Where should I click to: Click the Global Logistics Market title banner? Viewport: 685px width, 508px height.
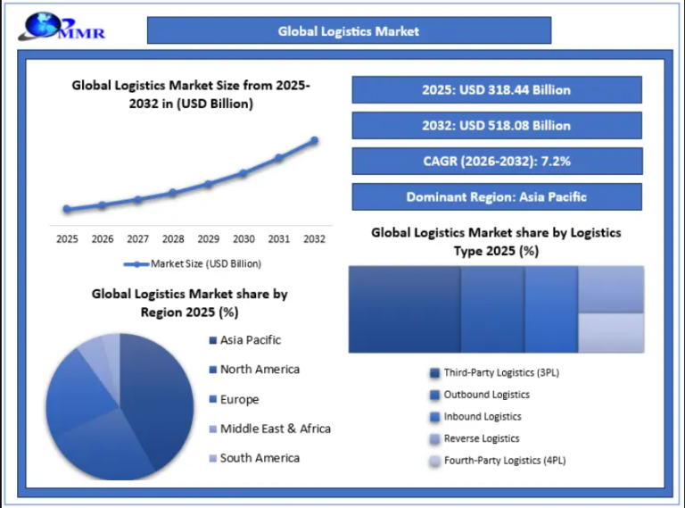pos(349,31)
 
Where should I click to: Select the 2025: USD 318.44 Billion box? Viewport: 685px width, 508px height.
pos(496,90)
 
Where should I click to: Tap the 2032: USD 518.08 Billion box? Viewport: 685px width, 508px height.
pos(496,126)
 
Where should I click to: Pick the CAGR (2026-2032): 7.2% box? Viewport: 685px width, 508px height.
pos(496,162)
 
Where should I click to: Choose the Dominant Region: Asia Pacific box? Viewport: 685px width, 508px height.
pos(496,197)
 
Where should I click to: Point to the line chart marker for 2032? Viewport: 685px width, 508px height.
pos(314,140)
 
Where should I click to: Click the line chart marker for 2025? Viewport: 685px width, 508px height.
pos(67,210)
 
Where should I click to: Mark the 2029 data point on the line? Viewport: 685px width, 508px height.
pos(208,184)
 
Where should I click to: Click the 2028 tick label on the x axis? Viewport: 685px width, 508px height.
pos(173,239)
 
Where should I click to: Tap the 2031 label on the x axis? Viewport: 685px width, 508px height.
pos(278,239)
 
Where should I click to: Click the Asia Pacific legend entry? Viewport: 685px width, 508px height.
pos(250,340)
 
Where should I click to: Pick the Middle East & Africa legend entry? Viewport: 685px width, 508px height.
pos(275,429)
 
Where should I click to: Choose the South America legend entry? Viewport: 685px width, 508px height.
pos(260,458)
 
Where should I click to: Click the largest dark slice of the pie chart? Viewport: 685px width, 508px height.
pos(156,393)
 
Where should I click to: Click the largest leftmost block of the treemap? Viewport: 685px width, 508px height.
pos(404,309)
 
